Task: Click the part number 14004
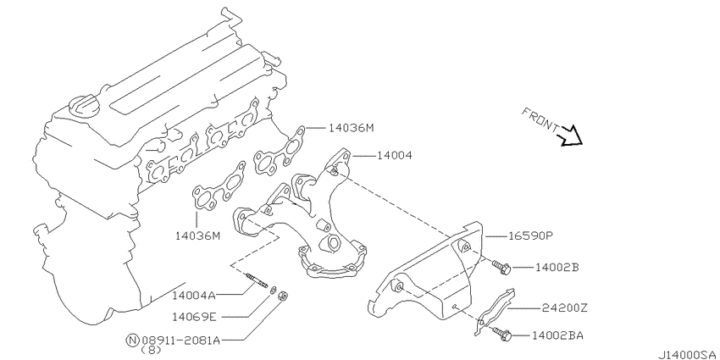(395, 156)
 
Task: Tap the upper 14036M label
(352, 128)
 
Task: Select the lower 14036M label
(197, 236)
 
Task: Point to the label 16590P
(531, 236)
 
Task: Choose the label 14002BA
(557, 335)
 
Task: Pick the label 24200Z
(564, 308)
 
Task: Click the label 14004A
(194, 295)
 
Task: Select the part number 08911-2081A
(181, 341)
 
